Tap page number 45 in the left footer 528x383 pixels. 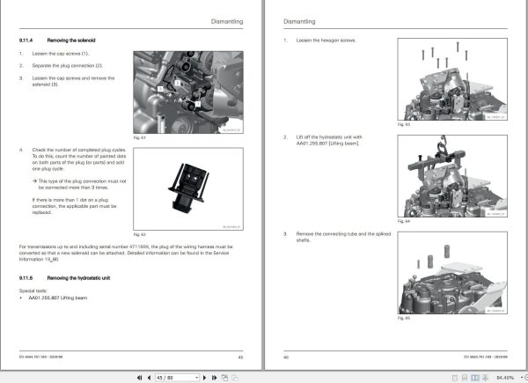click(240, 357)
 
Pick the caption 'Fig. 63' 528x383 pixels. click(402, 126)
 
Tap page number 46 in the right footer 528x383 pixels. click(286, 357)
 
